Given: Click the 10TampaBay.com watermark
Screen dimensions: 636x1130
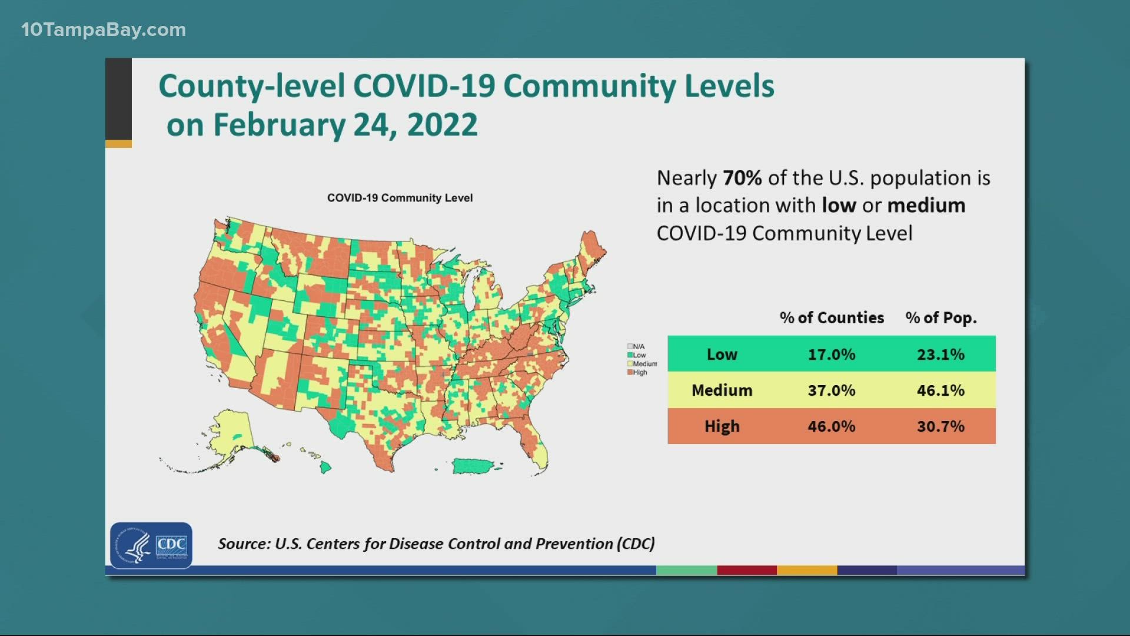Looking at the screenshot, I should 104,29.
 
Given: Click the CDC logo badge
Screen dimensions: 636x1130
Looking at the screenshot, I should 151,545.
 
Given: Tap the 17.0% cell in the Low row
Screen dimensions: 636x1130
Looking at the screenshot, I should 831,354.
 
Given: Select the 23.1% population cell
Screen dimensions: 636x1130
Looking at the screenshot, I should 940,354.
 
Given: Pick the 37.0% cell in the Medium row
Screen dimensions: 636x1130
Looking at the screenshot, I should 831,390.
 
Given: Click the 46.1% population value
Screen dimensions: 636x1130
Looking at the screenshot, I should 940,390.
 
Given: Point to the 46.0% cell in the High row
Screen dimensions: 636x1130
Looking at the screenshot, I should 831,426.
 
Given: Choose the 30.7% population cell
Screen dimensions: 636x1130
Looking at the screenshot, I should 940,426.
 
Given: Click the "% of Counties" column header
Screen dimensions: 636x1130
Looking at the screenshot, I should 831,317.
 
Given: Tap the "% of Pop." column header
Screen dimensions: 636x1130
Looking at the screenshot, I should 940,317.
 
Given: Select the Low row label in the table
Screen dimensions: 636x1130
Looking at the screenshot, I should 722,354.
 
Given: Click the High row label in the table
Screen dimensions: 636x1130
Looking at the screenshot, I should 722,426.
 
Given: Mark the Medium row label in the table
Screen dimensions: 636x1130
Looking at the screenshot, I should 722,390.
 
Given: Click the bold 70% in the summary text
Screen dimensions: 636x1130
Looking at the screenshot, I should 742,178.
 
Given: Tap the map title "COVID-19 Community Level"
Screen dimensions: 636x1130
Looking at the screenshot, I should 400,198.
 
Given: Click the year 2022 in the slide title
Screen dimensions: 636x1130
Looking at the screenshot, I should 442,125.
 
